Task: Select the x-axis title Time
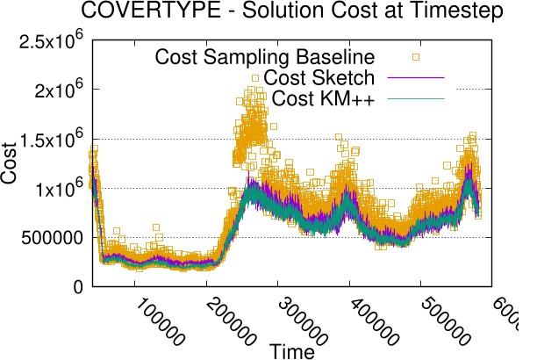(293, 350)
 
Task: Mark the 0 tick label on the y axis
(77, 286)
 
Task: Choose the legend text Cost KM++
(324, 99)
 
